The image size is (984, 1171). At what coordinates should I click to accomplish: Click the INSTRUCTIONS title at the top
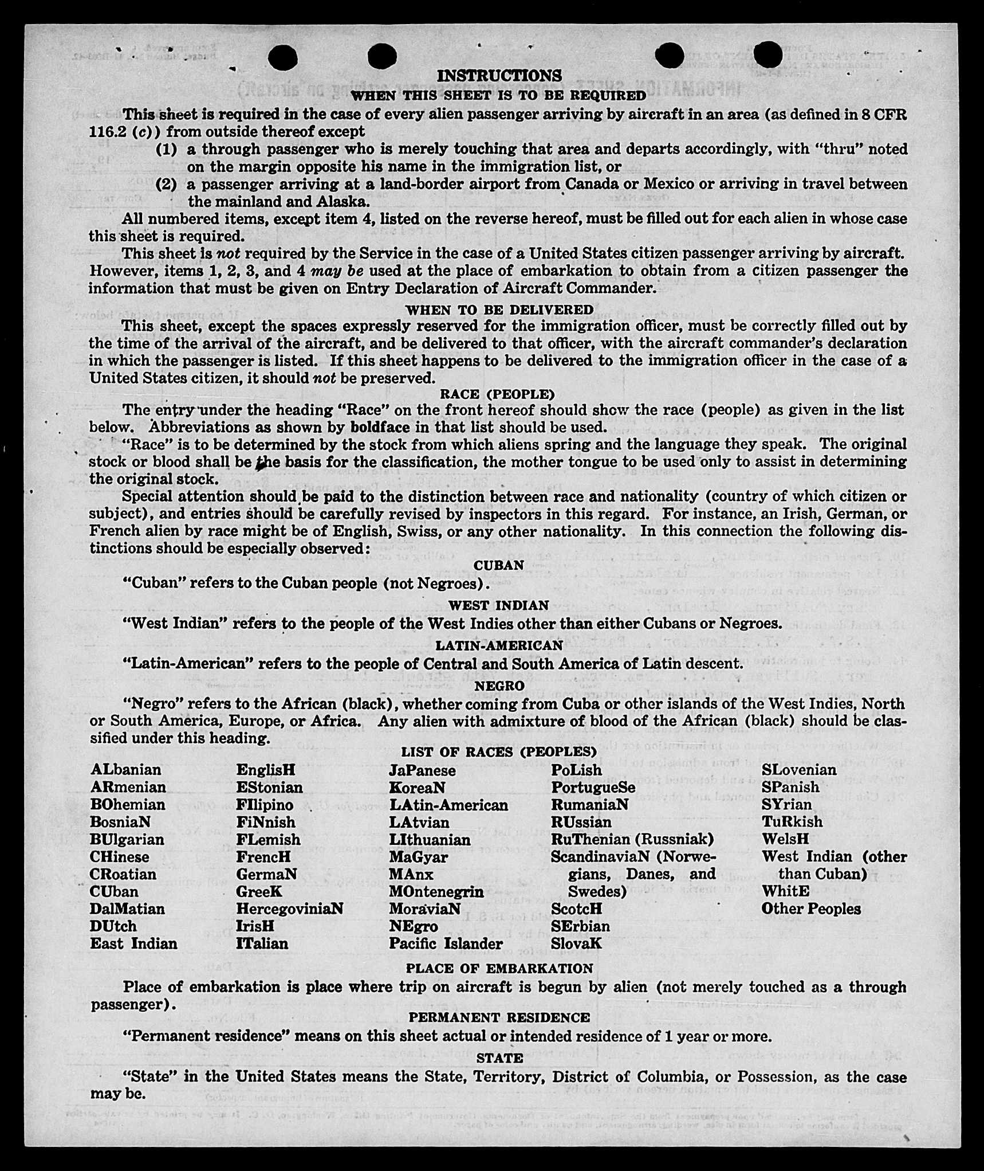(499, 76)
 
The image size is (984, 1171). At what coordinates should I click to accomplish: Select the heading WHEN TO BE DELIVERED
(499, 310)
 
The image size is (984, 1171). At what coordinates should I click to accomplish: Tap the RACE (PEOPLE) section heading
(497, 394)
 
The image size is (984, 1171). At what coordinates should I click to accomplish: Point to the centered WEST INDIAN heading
(498, 605)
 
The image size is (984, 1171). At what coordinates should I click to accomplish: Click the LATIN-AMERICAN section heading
(499, 645)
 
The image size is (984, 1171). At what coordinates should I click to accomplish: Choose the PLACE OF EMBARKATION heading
(499, 969)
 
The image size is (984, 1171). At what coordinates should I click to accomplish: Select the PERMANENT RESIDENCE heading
(499, 1017)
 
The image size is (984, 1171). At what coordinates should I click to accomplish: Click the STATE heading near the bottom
(499, 1058)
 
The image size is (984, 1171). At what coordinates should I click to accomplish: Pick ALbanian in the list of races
(125, 770)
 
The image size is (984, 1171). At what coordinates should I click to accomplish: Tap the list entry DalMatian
(127, 909)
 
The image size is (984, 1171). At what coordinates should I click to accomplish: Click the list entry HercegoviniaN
(289, 909)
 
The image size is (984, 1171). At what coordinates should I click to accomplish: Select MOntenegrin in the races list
(436, 892)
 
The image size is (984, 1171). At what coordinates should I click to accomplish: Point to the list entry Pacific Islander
(446, 943)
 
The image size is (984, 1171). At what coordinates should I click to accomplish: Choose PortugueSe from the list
(593, 788)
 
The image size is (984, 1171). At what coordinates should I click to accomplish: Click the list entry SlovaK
(576, 943)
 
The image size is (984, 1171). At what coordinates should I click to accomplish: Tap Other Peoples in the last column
(811, 909)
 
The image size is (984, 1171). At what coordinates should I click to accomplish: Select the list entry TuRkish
(792, 822)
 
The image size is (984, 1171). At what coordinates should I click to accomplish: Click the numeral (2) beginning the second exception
(166, 185)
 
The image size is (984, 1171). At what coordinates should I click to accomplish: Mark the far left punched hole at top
(282, 57)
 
